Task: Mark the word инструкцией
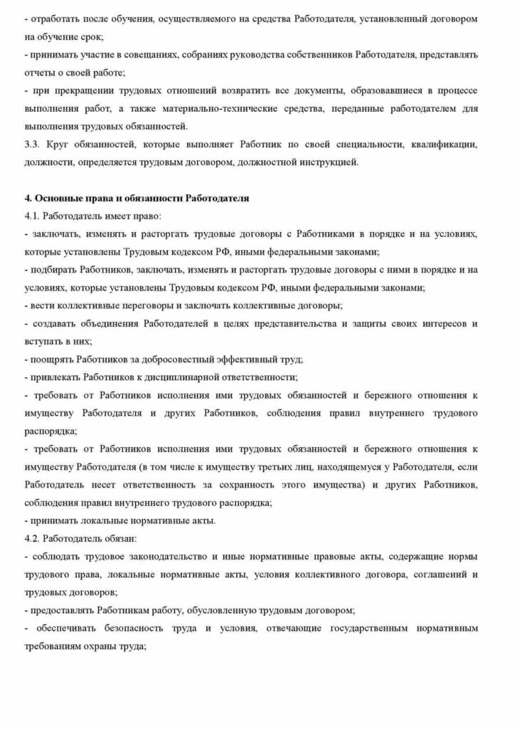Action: (324, 163)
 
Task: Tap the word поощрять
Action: (51, 359)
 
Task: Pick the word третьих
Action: (291, 466)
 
